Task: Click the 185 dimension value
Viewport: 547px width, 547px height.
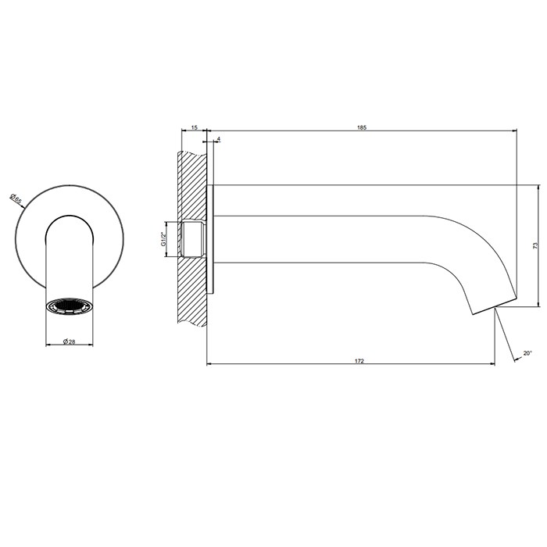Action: [361, 127]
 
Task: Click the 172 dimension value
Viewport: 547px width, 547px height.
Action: [359, 361]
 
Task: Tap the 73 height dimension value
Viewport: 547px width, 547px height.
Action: [535, 245]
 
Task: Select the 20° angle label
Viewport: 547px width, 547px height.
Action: [527, 352]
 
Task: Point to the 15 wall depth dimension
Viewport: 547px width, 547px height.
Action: [194, 127]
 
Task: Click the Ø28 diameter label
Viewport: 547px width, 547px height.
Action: [69, 341]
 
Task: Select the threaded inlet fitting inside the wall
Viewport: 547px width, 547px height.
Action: [194, 238]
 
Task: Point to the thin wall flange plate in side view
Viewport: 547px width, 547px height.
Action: [209, 238]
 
